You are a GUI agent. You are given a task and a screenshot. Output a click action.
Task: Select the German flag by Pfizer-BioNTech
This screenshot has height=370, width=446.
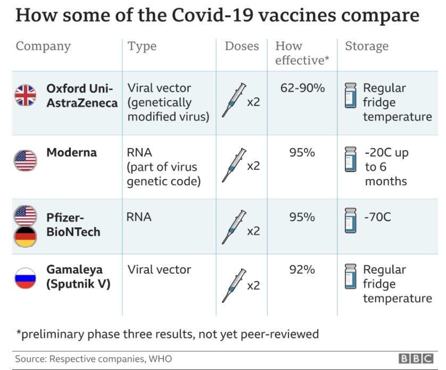coord(25,236)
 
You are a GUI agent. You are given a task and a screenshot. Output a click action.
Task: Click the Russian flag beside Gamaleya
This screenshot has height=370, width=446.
coord(25,278)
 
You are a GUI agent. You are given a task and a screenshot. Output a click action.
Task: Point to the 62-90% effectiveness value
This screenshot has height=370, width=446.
coord(302,88)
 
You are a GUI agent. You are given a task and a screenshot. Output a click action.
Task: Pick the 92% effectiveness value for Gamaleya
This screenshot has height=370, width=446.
coord(302,270)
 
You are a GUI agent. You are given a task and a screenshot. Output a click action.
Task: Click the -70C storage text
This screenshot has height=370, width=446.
coord(377,217)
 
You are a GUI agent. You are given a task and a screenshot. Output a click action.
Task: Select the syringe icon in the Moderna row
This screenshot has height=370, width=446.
coord(234,165)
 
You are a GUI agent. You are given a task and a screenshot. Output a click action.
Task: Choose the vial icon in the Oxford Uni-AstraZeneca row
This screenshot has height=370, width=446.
coord(350,95)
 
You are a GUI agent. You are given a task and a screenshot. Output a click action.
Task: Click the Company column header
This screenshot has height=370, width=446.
coord(43,46)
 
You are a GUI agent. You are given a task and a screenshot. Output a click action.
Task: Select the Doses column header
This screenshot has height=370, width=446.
coord(242,46)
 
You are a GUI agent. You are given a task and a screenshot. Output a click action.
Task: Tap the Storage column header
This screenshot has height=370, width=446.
coord(367,46)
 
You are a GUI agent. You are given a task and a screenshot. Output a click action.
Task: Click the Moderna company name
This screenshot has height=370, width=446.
coord(71,153)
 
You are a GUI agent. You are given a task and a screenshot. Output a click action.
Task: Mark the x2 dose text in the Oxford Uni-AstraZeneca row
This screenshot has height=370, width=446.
coord(253,102)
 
